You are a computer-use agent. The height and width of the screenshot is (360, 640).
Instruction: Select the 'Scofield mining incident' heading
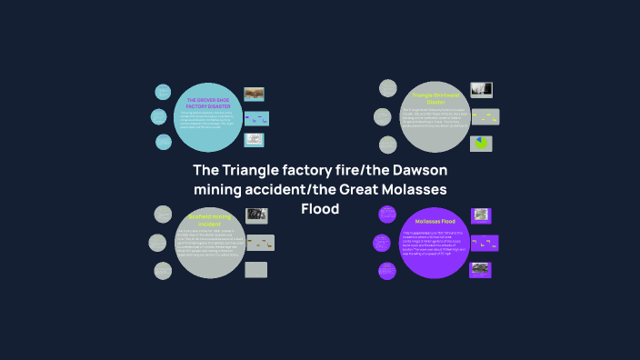click(208, 219)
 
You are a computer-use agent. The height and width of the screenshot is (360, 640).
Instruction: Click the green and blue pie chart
click(481, 144)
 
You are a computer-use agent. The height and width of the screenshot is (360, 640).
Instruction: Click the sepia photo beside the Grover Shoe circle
click(254, 94)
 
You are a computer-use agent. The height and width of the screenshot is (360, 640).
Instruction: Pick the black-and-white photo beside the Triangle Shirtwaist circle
click(481, 89)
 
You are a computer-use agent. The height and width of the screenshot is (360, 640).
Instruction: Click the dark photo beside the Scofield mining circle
click(255, 215)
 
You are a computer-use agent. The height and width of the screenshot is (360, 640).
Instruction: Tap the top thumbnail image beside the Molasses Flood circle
click(481, 215)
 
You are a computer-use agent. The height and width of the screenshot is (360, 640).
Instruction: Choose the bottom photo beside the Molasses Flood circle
click(481, 268)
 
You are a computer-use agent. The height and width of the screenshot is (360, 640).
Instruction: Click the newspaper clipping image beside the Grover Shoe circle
click(255, 140)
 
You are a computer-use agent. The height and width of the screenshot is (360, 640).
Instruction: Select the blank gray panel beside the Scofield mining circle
click(256, 269)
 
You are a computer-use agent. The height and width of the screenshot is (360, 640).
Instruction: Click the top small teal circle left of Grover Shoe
click(163, 92)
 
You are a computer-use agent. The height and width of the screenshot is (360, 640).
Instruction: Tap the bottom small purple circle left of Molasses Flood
click(388, 270)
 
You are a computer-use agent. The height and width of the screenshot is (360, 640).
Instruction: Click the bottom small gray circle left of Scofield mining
click(162, 270)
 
